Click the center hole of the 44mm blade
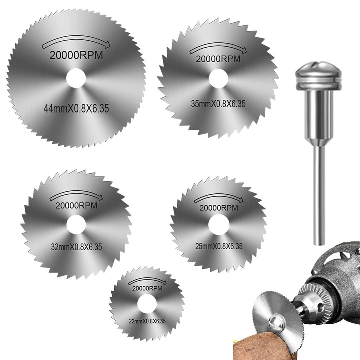(x=76, y=78)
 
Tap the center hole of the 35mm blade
(x=219, y=79)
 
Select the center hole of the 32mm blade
(x=76, y=225)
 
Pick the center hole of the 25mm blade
(x=219, y=225)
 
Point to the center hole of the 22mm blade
(x=147, y=304)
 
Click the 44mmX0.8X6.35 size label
(x=76, y=108)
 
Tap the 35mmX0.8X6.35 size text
(x=218, y=104)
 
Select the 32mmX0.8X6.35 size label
(x=76, y=247)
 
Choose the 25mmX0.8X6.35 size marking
(x=219, y=246)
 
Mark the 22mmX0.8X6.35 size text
(x=147, y=321)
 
